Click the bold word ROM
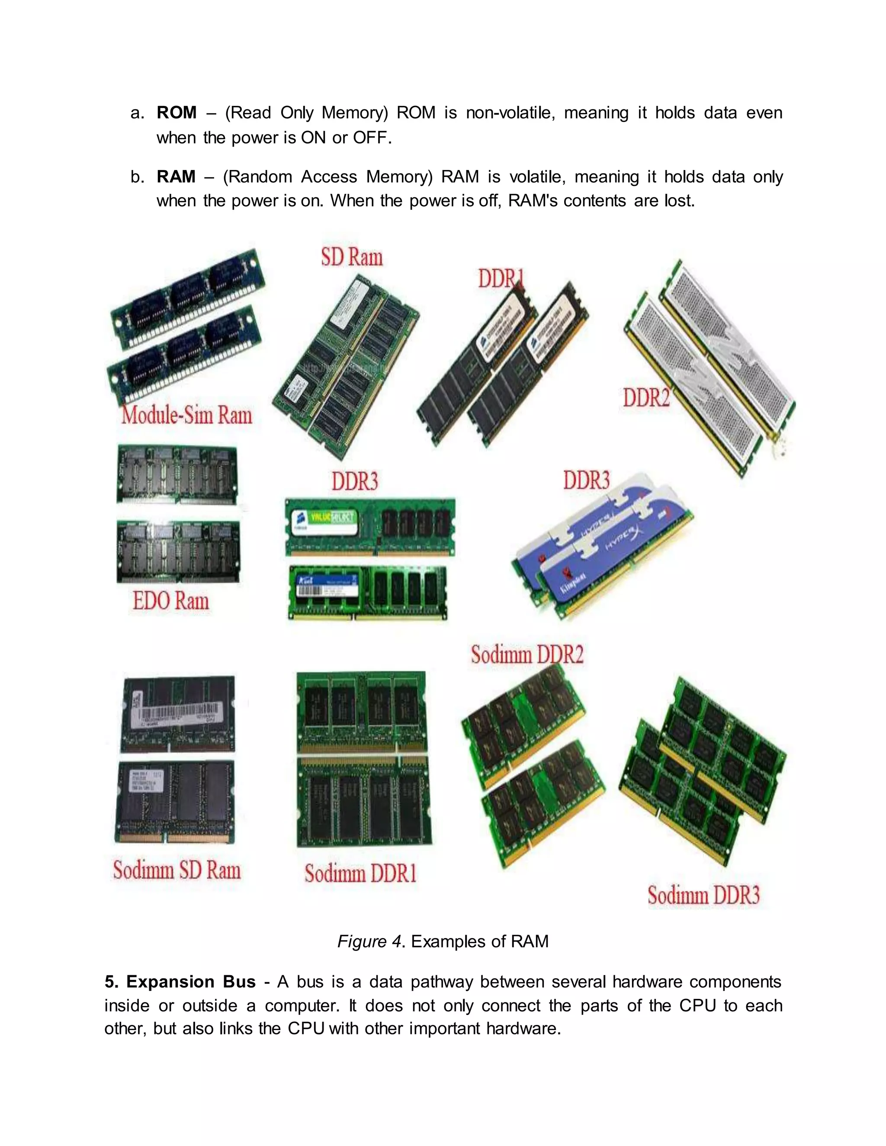pyautogui.click(x=177, y=112)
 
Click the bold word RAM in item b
pyautogui.click(x=176, y=176)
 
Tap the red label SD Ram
pyautogui.click(x=352, y=257)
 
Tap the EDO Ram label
pyautogui.click(x=170, y=601)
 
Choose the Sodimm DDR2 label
pyautogui.click(x=527, y=654)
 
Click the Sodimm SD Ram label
pyautogui.click(x=177, y=870)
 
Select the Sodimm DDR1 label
pyautogui.click(x=361, y=873)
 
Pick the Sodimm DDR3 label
pyautogui.click(x=703, y=895)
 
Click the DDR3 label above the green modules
pyautogui.click(x=354, y=481)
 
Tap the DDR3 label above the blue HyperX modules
pyautogui.click(x=586, y=480)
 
